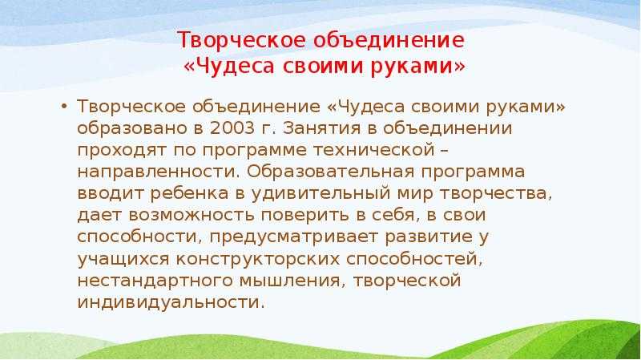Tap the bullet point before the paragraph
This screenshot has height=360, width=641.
64,107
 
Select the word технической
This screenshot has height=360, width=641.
374,150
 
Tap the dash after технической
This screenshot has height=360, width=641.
445,150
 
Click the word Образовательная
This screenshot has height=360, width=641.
330,172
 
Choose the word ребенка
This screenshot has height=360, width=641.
189,193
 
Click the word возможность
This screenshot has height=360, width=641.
191,215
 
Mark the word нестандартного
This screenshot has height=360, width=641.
155,281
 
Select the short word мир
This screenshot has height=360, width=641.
414,193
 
